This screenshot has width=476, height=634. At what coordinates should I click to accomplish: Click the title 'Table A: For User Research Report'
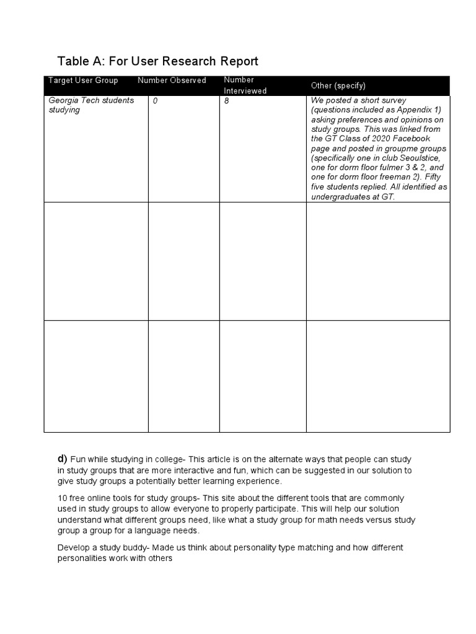(x=157, y=61)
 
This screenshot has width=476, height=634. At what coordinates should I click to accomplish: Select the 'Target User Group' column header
(x=83, y=80)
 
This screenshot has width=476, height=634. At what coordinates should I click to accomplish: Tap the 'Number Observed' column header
(x=172, y=80)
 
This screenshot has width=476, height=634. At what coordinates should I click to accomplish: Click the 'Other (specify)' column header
(x=338, y=85)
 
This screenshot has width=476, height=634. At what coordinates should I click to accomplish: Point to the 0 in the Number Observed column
(x=155, y=100)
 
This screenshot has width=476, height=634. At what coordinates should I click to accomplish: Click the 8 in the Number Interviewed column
(x=226, y=100)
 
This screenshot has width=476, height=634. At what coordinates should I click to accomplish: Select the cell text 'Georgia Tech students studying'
(x=91, y=105)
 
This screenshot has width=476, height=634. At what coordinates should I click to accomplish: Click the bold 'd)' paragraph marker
(x=62, y=459)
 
